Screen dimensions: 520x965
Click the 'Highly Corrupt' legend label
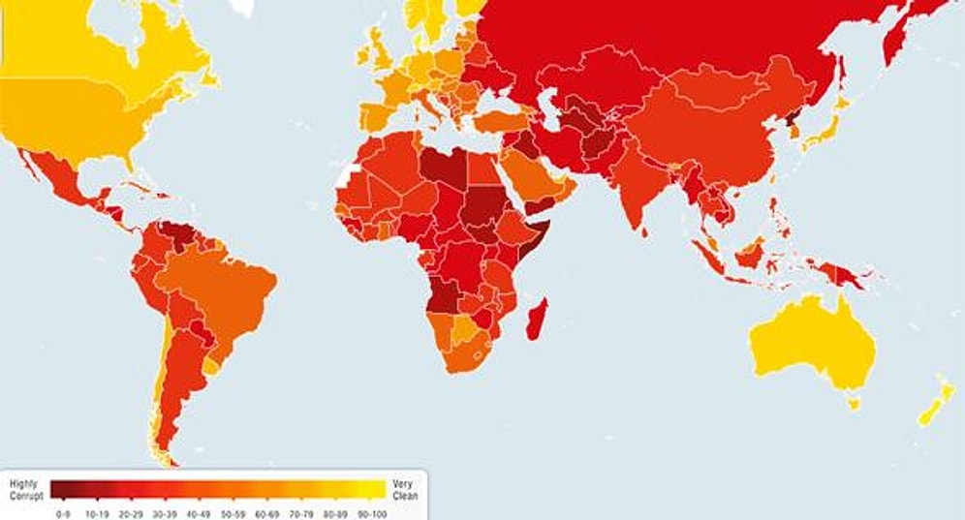24,487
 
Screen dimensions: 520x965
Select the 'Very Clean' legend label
404,487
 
